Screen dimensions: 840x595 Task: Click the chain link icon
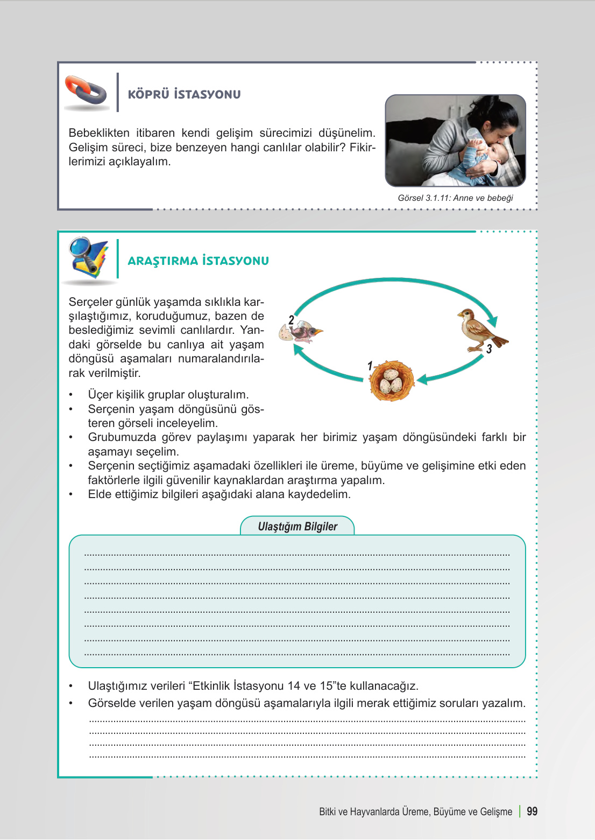pyautogui.click(x=86, y=91)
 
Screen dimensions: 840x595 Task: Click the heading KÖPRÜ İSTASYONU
pyautogui.click(x=184, y=94)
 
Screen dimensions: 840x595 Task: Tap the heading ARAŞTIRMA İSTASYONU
pyautogui.click(x=198, y=261)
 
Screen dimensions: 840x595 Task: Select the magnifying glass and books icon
pyautogui.click(x=88, y=258)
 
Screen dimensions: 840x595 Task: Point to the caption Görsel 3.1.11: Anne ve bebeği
pyautogui.click(x=455, y=198)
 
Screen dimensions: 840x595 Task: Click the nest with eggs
pyautogui.click(x=392, y=381)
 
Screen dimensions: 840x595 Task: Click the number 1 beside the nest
pyautogui.click(x=370, y=366)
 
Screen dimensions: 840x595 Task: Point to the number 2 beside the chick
pyautogui.click(x=291, y=320)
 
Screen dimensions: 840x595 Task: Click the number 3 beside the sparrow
pyautogui.click(x=489, y=349)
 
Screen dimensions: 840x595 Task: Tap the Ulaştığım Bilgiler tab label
pyautogui.click(x=297, y=527)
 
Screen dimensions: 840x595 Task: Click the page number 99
pyautogui.click(x=532, y=811)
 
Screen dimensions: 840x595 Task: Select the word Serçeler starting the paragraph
pyautogui.click(x=91, y=302)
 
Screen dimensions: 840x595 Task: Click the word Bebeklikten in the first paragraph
pyautogui.click(x=99, y=133)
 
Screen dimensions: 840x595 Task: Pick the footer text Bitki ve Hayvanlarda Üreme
pyautogui.click(x=415, y=811)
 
